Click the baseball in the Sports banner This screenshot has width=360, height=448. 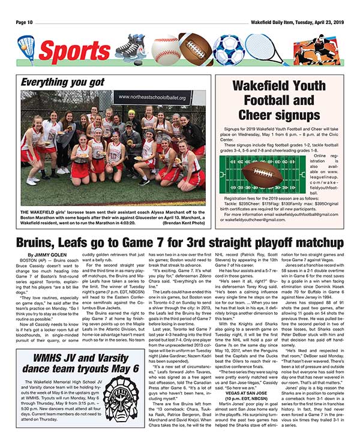(166, 49)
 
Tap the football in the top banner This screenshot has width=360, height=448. (196, 50)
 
